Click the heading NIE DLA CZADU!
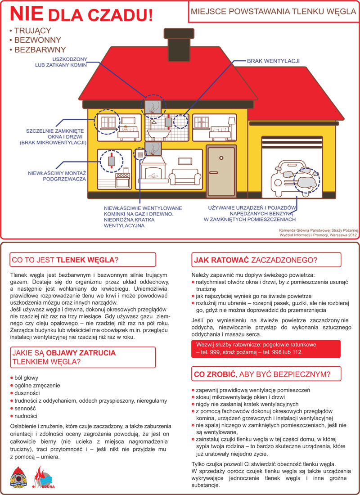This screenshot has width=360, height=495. point(81,14)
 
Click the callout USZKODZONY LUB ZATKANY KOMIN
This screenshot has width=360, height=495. point(70,62)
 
